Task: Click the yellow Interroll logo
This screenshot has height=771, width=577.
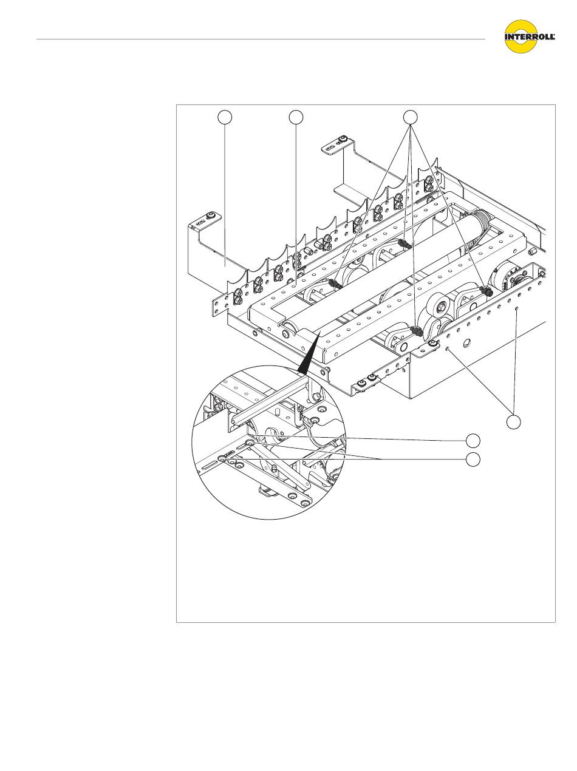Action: point(530,36)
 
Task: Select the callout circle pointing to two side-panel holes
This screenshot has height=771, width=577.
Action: point(513,422)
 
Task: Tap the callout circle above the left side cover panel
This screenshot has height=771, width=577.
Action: point(225,118)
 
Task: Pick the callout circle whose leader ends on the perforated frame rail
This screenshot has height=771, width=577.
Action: point(296,118)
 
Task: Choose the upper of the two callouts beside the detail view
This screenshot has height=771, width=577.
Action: point(473,441)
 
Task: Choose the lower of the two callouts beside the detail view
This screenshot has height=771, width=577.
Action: point(473,460)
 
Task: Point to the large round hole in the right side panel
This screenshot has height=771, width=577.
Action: point(466,343)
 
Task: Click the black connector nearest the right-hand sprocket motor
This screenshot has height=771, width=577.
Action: point(486,290)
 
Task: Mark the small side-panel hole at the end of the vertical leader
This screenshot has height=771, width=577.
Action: point(516,308)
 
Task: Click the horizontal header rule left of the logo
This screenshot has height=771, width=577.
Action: point(261,39)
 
